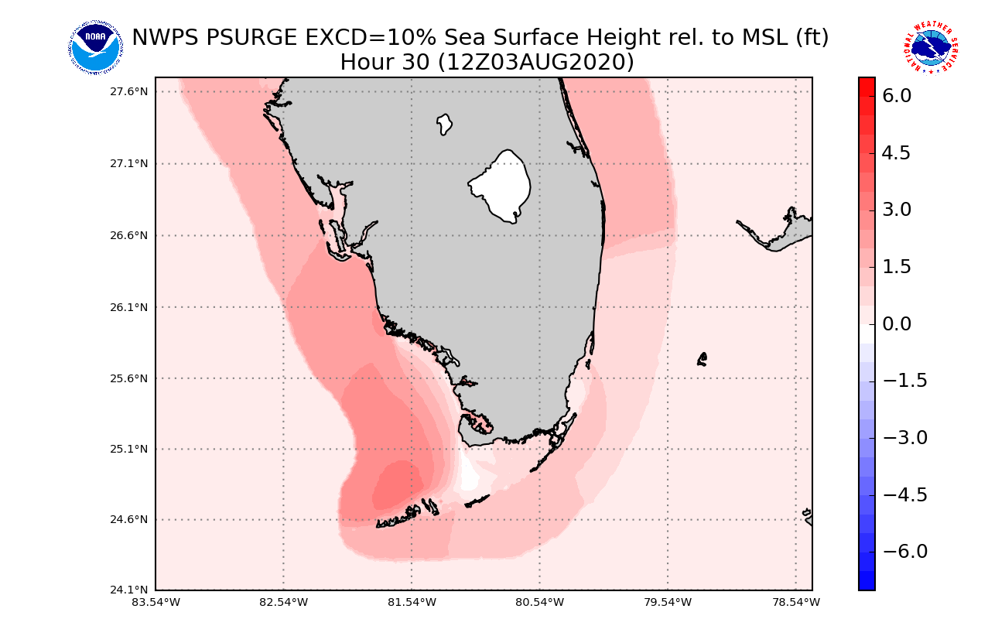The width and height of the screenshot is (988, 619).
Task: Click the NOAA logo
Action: coord(95,48)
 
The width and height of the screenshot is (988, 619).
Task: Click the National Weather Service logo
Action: coord(930,48)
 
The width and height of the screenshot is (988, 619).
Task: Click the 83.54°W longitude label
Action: coord(156,602)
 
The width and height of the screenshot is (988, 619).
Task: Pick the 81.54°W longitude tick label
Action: coord(412,602)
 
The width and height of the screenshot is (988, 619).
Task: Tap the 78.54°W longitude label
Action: coord(795,602)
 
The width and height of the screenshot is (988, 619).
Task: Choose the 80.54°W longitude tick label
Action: coord(539,602)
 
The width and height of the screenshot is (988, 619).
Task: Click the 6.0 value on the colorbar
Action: coord(896,96)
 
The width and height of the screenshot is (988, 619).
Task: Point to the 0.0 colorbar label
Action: coord(896,323)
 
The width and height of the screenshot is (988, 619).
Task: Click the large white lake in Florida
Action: coord(501,186)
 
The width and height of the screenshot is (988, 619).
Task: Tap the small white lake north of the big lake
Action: coord(444,124)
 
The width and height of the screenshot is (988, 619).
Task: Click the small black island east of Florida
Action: coord(702,359)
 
